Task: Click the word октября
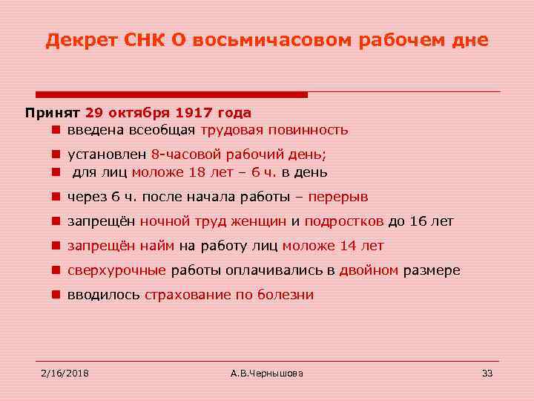tap(137, 113)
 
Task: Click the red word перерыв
tap(337, 197)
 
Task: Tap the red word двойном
tap(369, 270)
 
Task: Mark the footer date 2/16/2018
tap(65, 372)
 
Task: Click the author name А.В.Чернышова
tap(267, 372)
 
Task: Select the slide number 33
tap(487, 372)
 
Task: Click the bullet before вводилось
tap(56, 295)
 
